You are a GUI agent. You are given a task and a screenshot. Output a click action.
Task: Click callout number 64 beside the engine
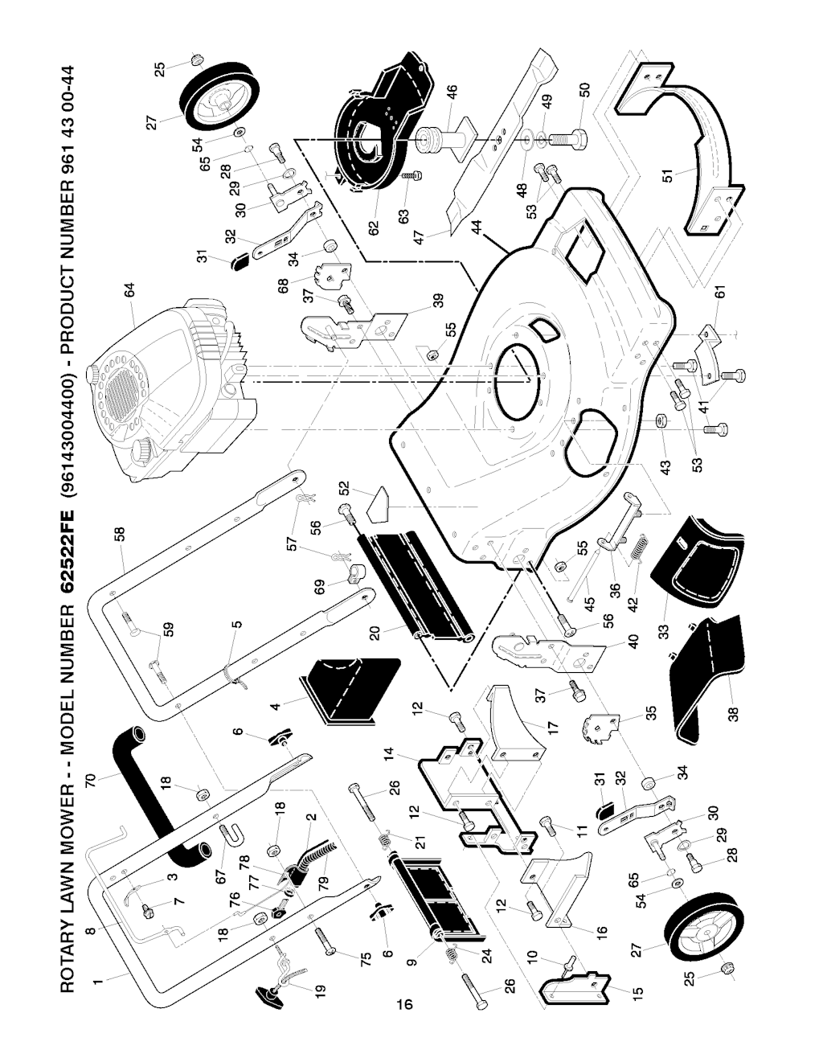(129, 290)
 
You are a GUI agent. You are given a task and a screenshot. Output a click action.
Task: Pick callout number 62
(374, 228)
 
